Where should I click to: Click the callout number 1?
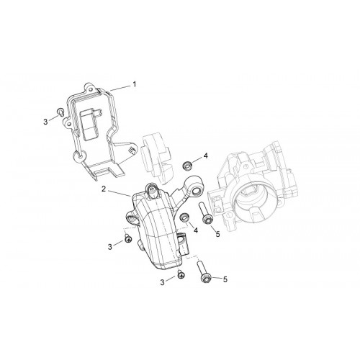click(x=135, y=84)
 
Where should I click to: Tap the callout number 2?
click(x=104, y=189)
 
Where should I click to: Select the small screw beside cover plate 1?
click(x=60, y=112)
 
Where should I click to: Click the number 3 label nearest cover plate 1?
click(x=45, y=122)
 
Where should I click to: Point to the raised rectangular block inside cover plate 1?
click(x=89, y=125)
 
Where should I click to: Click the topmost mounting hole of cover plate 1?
click(x=91, y=89)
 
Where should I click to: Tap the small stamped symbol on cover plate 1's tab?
click(x=131, y=150)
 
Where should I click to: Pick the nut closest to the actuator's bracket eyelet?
click(x=186, y=166)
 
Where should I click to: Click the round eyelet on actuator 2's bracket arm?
click(x=195, y=191)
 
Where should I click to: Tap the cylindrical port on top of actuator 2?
click(x=153, y=189)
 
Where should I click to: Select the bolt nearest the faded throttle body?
click(x=204, y=214)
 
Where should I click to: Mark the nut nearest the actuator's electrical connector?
click(x=184, y=217)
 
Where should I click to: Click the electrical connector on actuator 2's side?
click(x=183, y=243)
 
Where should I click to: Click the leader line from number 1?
click(x=120, y=88)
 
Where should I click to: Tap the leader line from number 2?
click(x=120, y=194)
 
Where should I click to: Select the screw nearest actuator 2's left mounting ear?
click(x=128, y=238)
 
